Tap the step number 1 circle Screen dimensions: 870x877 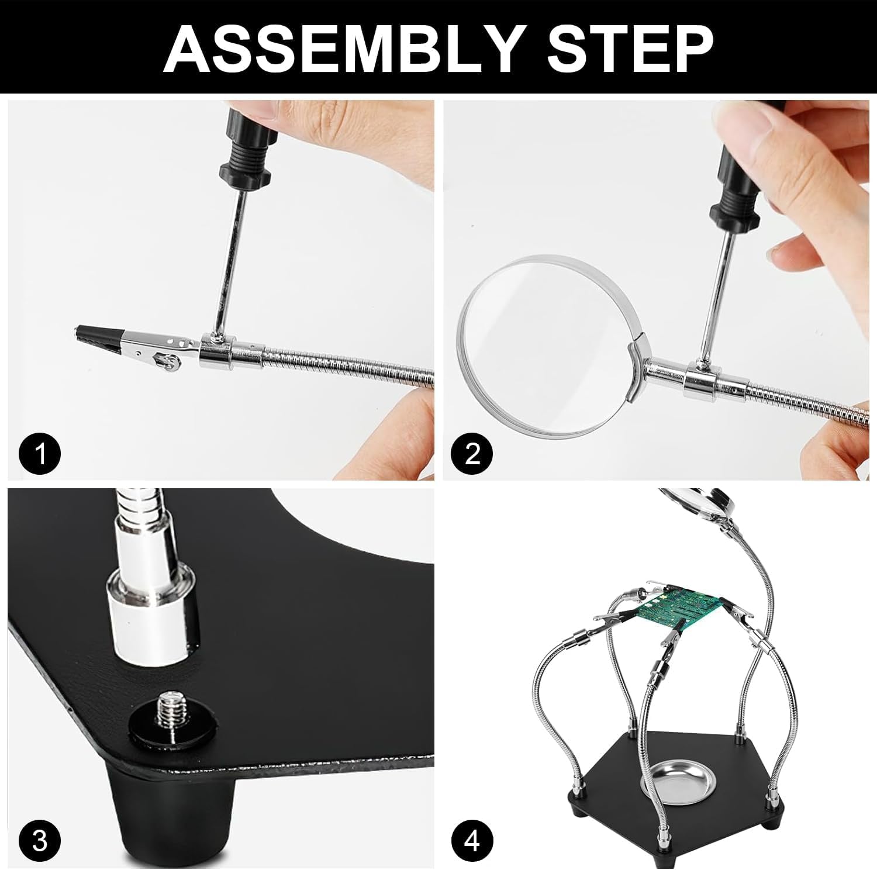click(39, 453)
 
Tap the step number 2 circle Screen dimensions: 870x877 click(472, 453)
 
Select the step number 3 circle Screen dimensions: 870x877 click(39, 841)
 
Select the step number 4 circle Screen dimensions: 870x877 click(472, 841)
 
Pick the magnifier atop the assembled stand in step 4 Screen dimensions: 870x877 click(702, 503)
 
